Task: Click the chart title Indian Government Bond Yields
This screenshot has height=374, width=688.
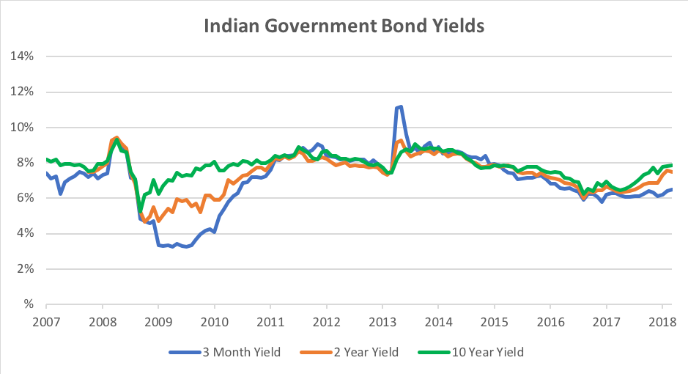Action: click(x=344, y=26)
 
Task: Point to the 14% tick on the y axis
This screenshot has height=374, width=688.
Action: click(x=25, y=56)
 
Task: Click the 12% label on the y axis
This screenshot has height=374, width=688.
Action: click(x=25, y=92)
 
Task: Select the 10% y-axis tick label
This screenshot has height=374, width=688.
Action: click(x=25, y=128)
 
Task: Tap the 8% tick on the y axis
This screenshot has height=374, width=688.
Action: click(x=26, y=163)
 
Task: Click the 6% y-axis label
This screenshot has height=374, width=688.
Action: click(x=26, y=198)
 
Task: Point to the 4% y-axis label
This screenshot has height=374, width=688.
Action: click(x=26, y=234)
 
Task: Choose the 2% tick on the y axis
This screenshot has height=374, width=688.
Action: click(x=26, y=269)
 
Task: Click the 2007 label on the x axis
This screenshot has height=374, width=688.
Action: click(x=45, y=322)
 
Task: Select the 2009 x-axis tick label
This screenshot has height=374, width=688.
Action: click(x=158, y=322)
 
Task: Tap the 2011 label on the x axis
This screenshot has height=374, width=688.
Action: click(x=270, y=322)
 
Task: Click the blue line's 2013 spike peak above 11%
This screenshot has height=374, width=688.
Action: click(x=400, y=106)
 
